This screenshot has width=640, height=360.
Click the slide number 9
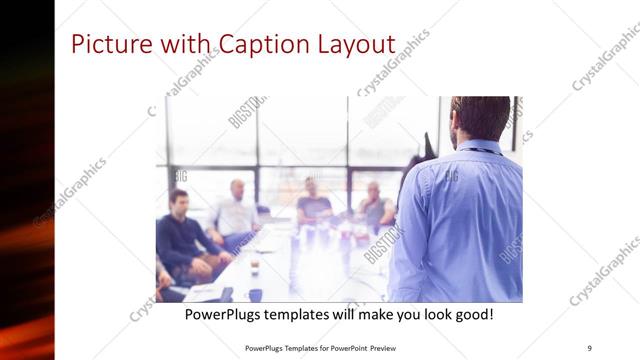[x=589, y=347]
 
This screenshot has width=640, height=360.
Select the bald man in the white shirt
[x=237, y=210]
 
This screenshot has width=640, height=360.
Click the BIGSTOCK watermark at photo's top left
[x=244, y=112]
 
